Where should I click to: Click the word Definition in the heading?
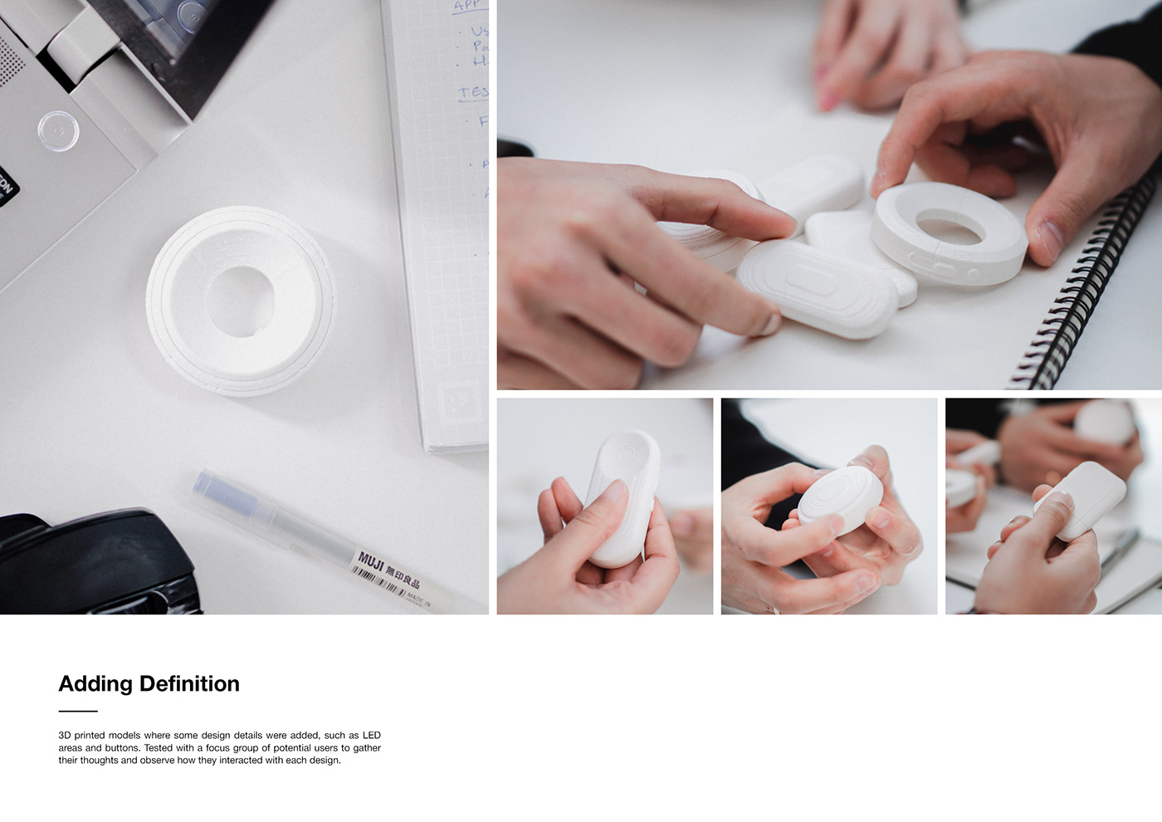(x=189, y=684)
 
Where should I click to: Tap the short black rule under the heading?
(x=78, y=711)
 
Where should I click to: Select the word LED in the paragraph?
(x=371, y=736)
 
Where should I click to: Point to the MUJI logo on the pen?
(x=370, y=562)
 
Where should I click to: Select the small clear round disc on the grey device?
(x=58, y=130)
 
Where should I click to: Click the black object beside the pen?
(x=91, y=565)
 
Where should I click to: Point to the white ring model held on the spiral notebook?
(x=949, y=232)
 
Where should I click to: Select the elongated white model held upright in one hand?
(x=622, y=498)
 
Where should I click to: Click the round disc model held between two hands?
(x=840, y=499)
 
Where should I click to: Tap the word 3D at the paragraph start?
(x=65, y=736)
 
